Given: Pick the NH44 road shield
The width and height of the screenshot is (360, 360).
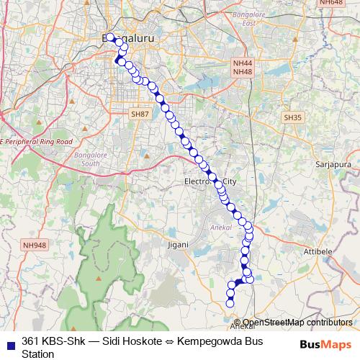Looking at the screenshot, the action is point(241,63).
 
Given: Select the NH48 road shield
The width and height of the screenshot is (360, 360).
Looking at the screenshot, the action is point(241,72).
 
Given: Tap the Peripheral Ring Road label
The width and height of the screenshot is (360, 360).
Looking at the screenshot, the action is point(37,141).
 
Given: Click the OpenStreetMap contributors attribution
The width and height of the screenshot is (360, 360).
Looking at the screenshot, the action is point(297,323).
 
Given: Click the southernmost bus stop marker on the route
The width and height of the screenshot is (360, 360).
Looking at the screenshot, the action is point(230,303).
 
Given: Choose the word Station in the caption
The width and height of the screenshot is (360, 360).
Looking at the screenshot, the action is point(38,354).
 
